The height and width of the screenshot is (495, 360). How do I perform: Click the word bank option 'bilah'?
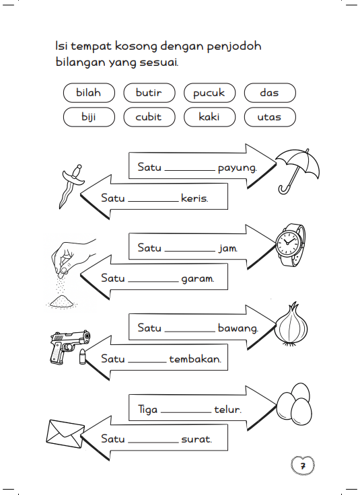[x=89, y=93]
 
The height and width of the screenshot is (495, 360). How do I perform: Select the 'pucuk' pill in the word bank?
[x=210, y=93]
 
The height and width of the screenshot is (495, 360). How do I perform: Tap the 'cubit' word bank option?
[x=149, y=117]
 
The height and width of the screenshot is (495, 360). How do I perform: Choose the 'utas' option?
[x=270, y=117]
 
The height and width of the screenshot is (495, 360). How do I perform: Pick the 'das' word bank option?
[x=270, y=93]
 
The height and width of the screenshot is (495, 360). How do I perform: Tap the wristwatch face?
[x=288, y=242]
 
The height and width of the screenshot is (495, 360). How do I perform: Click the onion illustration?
[x=291, y=325]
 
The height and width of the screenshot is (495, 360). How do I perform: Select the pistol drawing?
[x=69, y=346]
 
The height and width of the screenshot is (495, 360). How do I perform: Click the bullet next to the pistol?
[x=82, y=356]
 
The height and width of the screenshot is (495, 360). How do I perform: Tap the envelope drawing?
[x=65, y=433]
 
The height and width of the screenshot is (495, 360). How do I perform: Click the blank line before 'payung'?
[x=190, y=170]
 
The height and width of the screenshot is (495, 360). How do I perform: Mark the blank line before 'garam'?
[x=153, y=282]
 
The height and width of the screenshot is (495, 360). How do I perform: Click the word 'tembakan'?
[x=195, y=359]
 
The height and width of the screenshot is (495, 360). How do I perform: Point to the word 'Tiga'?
[x=148, y=410]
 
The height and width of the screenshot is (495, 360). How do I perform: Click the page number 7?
[x=303, y=465]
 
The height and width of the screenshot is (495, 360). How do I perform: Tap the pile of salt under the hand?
[x=62, y=302]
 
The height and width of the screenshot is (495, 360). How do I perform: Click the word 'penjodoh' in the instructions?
[x=234, y=46]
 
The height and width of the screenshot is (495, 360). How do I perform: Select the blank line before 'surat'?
[x=153, y=443]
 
